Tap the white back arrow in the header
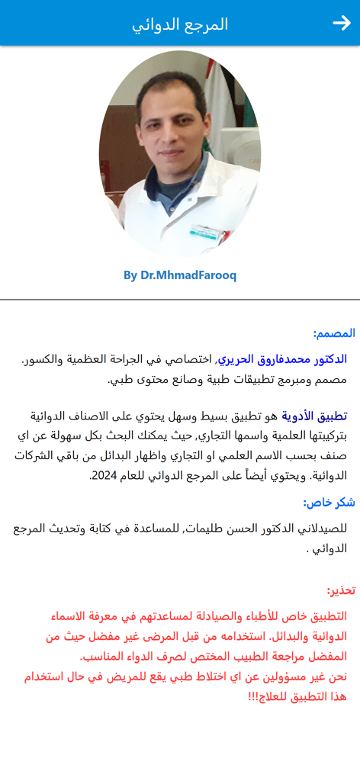341,24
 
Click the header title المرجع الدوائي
180,24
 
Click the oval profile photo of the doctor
180,153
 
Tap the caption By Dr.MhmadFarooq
180,275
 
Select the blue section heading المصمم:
334,333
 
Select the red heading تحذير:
341,590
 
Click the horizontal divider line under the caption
180,300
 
